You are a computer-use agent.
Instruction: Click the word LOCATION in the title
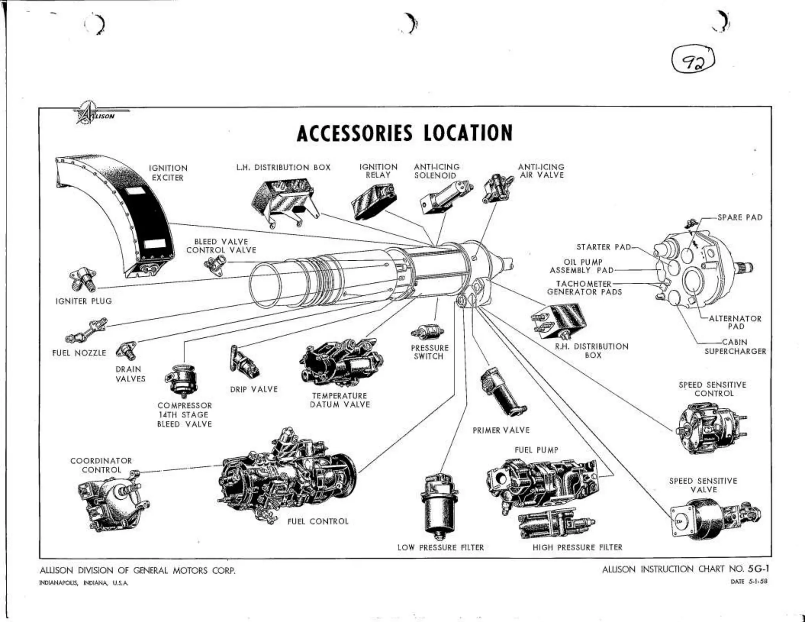(x=468, y=133)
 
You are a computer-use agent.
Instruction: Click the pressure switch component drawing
(x=428, y=331)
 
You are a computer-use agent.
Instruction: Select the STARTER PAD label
(x=603, y=247)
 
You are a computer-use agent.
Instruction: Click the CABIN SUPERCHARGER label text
(x=735, y=347)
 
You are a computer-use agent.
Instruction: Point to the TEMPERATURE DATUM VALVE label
(x=340, y=400)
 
